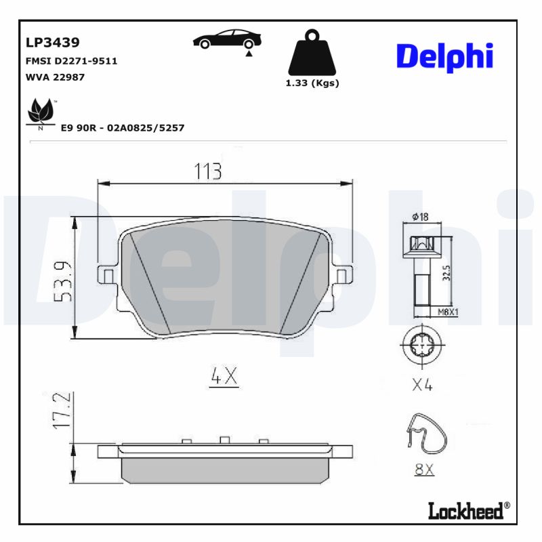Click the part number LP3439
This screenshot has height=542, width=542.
(53, 43)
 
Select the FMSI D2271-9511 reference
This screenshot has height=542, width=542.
(71, 61)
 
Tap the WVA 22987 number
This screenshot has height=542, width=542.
(55, 77)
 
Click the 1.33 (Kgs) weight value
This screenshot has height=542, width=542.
(312, 83)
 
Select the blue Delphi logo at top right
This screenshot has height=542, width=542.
(444, 58)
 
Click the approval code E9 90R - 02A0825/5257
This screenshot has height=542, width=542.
(123, 127)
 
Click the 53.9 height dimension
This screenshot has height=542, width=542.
(63, 279)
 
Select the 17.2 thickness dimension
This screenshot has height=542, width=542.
(63, 410)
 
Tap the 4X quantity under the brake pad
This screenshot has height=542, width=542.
(224, 377)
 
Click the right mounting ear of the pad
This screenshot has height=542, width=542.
(343, 275)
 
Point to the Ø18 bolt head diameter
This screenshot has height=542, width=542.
(420, 217)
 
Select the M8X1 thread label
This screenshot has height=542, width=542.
(448, 312)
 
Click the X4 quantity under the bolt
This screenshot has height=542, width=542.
(422, 385)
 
